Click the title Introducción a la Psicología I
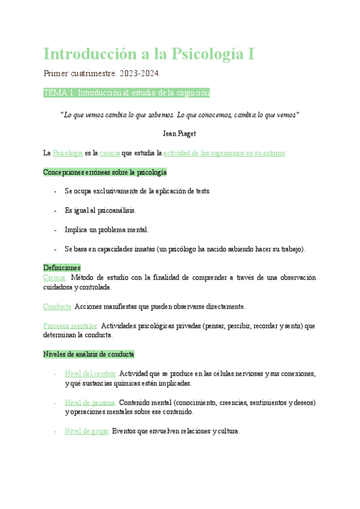[x=149, y=54]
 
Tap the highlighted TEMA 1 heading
[x=126, y=93]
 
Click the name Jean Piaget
[x=179, y=133]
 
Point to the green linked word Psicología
[x=68, y=154]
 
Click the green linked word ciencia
[x=110, y=154]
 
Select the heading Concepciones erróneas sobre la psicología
[x=105, y=172]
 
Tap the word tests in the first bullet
[x=201, y=191]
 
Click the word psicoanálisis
[x=115, y=210]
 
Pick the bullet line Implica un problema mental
[x=107, y=229]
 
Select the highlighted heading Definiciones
[x=62, y=267]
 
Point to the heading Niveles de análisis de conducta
[x=89, y=354]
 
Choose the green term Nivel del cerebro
[x=91, y=373]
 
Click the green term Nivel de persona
[x=90, y=402]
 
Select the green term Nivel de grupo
[x=86, y=431]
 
